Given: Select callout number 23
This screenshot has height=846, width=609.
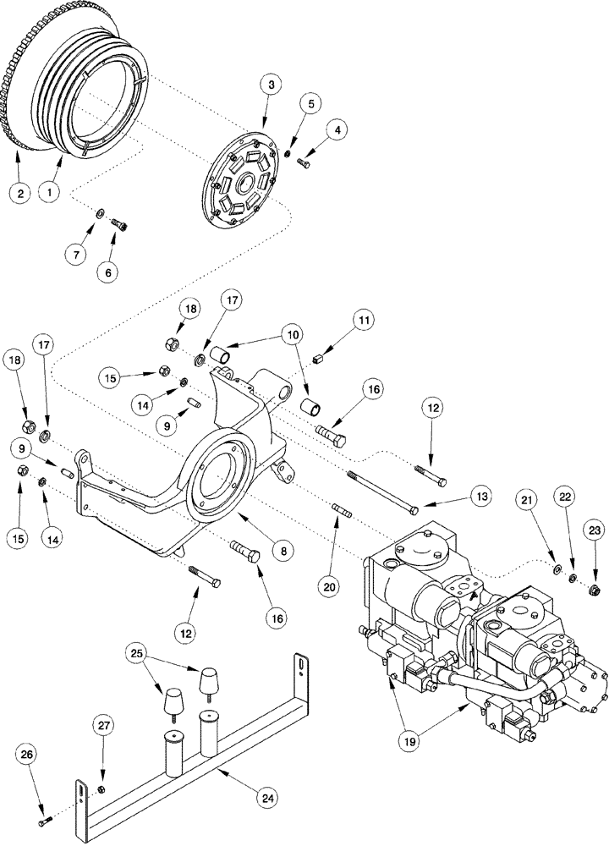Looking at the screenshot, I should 594,531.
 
